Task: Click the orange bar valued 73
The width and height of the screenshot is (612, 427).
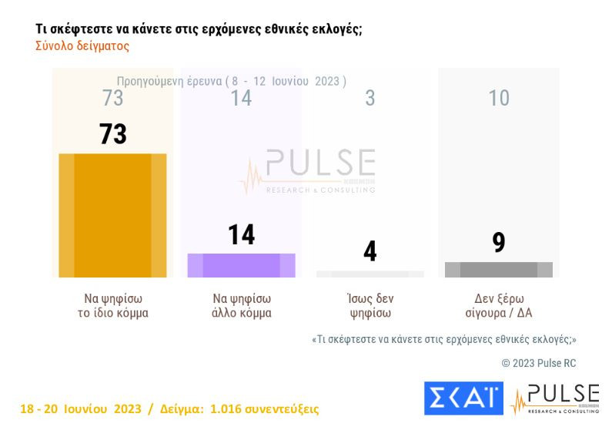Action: click(x=112, y=215)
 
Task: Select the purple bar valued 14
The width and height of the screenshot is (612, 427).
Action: click(x=241, y=264)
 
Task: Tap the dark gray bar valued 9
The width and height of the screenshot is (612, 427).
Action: click(x=498, y=269)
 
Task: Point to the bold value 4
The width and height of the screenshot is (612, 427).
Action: click(x=370, y=251)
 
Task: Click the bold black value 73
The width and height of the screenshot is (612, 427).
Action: click(x=112, y=134)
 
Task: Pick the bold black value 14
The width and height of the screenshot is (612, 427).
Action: click(x=241, y=234)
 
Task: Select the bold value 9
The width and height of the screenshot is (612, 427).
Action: click(x=498, y=243)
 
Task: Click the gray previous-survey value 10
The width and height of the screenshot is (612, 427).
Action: click(x=498, y=98)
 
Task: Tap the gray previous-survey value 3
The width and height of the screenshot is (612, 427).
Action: click(x=370, y=98)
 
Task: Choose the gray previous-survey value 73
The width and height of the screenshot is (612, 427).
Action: click(x=112, y=98)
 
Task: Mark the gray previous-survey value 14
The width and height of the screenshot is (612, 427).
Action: click(x=241, y=98)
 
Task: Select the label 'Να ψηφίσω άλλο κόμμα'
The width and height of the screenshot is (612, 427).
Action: click(x=241, y=306)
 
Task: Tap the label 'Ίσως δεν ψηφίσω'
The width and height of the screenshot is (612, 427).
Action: click(x=370, y=306)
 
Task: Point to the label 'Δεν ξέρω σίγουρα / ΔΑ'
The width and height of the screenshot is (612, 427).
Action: click(x=498, y=306)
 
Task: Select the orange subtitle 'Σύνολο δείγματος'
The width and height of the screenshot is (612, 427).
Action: click(x=82, y=46)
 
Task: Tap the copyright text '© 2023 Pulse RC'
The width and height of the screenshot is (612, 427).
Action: click(x=538, y=363)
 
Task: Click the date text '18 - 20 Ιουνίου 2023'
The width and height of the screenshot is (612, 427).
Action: click(x=80, y=409)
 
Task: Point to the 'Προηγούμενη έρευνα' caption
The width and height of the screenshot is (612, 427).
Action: click(x=169, y=81)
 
